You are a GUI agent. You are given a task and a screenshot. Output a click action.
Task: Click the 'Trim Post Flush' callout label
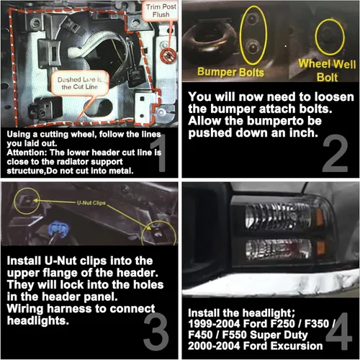coord(161,11)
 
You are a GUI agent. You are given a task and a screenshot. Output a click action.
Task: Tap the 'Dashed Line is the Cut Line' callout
coord(80,83)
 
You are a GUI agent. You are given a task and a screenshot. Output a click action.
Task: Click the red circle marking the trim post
coord(168,56)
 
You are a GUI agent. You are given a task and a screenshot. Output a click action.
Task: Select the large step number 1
coord(160,153)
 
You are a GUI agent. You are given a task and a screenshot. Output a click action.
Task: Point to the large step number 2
coord(335,153)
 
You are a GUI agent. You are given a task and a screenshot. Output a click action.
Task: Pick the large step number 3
coord(156,330)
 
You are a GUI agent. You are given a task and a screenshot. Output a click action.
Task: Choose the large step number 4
coord(339,330)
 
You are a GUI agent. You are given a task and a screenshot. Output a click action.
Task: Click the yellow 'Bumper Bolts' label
coord(230,72)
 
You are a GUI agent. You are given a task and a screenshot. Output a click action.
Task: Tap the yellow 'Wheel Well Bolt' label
coord(327,71)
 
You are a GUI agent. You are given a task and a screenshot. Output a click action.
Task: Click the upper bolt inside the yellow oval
coord(251,19)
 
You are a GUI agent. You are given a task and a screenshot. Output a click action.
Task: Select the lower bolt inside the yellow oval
coord(252,46)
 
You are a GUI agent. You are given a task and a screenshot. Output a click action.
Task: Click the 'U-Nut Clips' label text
coord(91,203)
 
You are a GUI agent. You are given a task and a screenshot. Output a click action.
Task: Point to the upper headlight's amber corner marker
coord(320,217)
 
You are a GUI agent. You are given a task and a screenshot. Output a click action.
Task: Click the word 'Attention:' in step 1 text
coord(27,153)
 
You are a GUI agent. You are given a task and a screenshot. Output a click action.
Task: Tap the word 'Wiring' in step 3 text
coord(25,309)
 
